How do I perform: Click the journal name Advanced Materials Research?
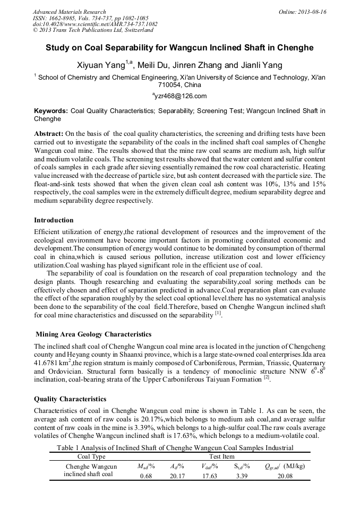69,12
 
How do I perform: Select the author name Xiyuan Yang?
101,65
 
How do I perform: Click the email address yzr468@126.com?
180,96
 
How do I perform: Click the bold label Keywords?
51,111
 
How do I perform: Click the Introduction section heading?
54,220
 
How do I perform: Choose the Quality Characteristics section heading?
72,399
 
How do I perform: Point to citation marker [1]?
218,314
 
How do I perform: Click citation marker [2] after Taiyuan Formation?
267,378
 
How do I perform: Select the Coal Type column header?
92,456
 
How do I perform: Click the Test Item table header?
222,456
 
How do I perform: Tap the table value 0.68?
146,476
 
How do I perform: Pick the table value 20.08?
286,476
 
